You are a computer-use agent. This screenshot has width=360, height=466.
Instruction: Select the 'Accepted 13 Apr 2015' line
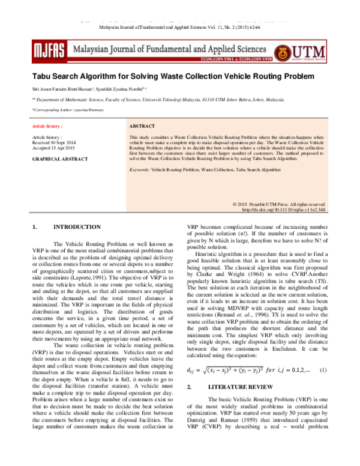[53, 148]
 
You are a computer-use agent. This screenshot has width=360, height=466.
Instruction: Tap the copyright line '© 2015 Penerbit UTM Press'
[279, 205]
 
